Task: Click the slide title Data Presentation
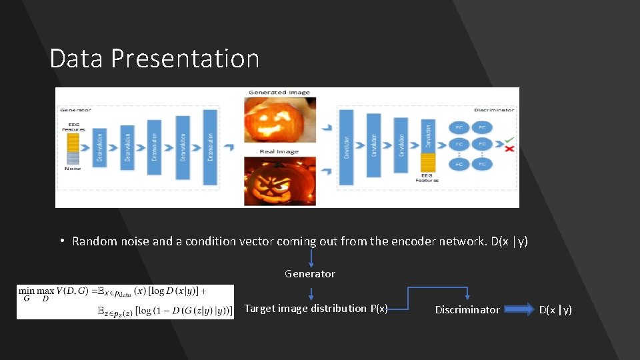(x=154, y=59)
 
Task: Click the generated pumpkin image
(x=279, y=119)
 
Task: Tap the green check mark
(x=509, y=139)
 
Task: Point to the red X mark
(x=509, y=148)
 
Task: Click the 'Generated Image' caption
(x=279, y=92)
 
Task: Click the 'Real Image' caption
(x=279, y=151)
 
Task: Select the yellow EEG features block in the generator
(x=73, y=141)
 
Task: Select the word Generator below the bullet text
(x=310, y=274)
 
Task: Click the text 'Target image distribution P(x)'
(x=315, y=309)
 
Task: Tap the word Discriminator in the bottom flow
(x=467, y=309)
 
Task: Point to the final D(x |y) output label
(x=555, y=309)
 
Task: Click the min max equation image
(x=125, y=302)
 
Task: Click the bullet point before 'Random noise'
(x=61, y=241)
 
